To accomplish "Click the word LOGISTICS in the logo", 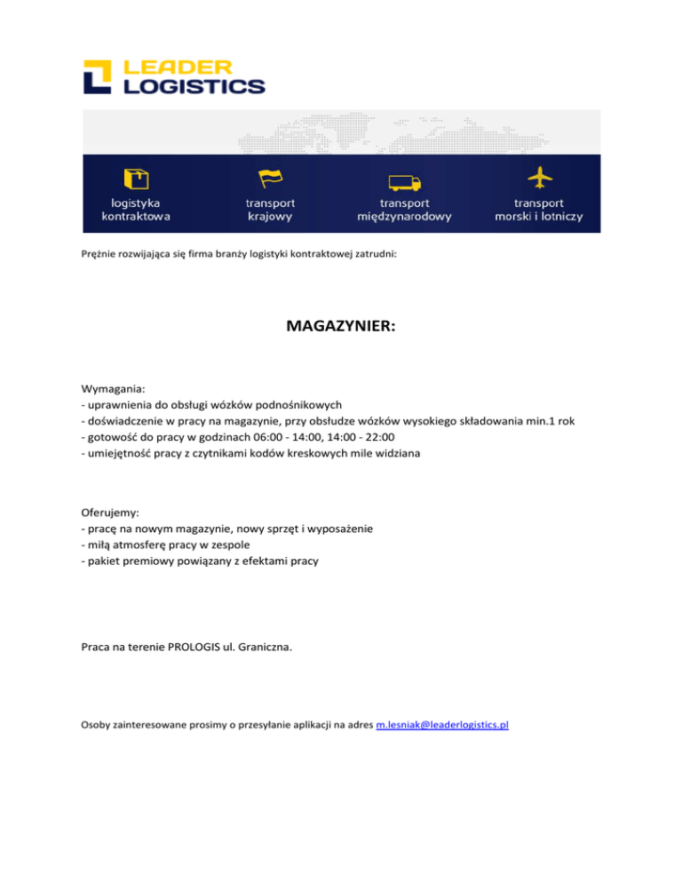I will pos(194,86).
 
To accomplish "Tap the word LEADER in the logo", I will pos(178,67).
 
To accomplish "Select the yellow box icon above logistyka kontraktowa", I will pos(136,179).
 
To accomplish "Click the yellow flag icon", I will pos(270,179).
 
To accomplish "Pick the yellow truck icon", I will pos(404,182).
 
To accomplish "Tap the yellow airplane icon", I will pos(539,178).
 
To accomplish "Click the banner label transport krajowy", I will pos(271,210).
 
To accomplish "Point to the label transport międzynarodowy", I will pos(404,210).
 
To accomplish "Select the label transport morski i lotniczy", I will pos(539,210).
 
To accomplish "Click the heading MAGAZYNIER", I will pos(341,327).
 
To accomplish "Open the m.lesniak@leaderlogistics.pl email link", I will pos(441,725).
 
